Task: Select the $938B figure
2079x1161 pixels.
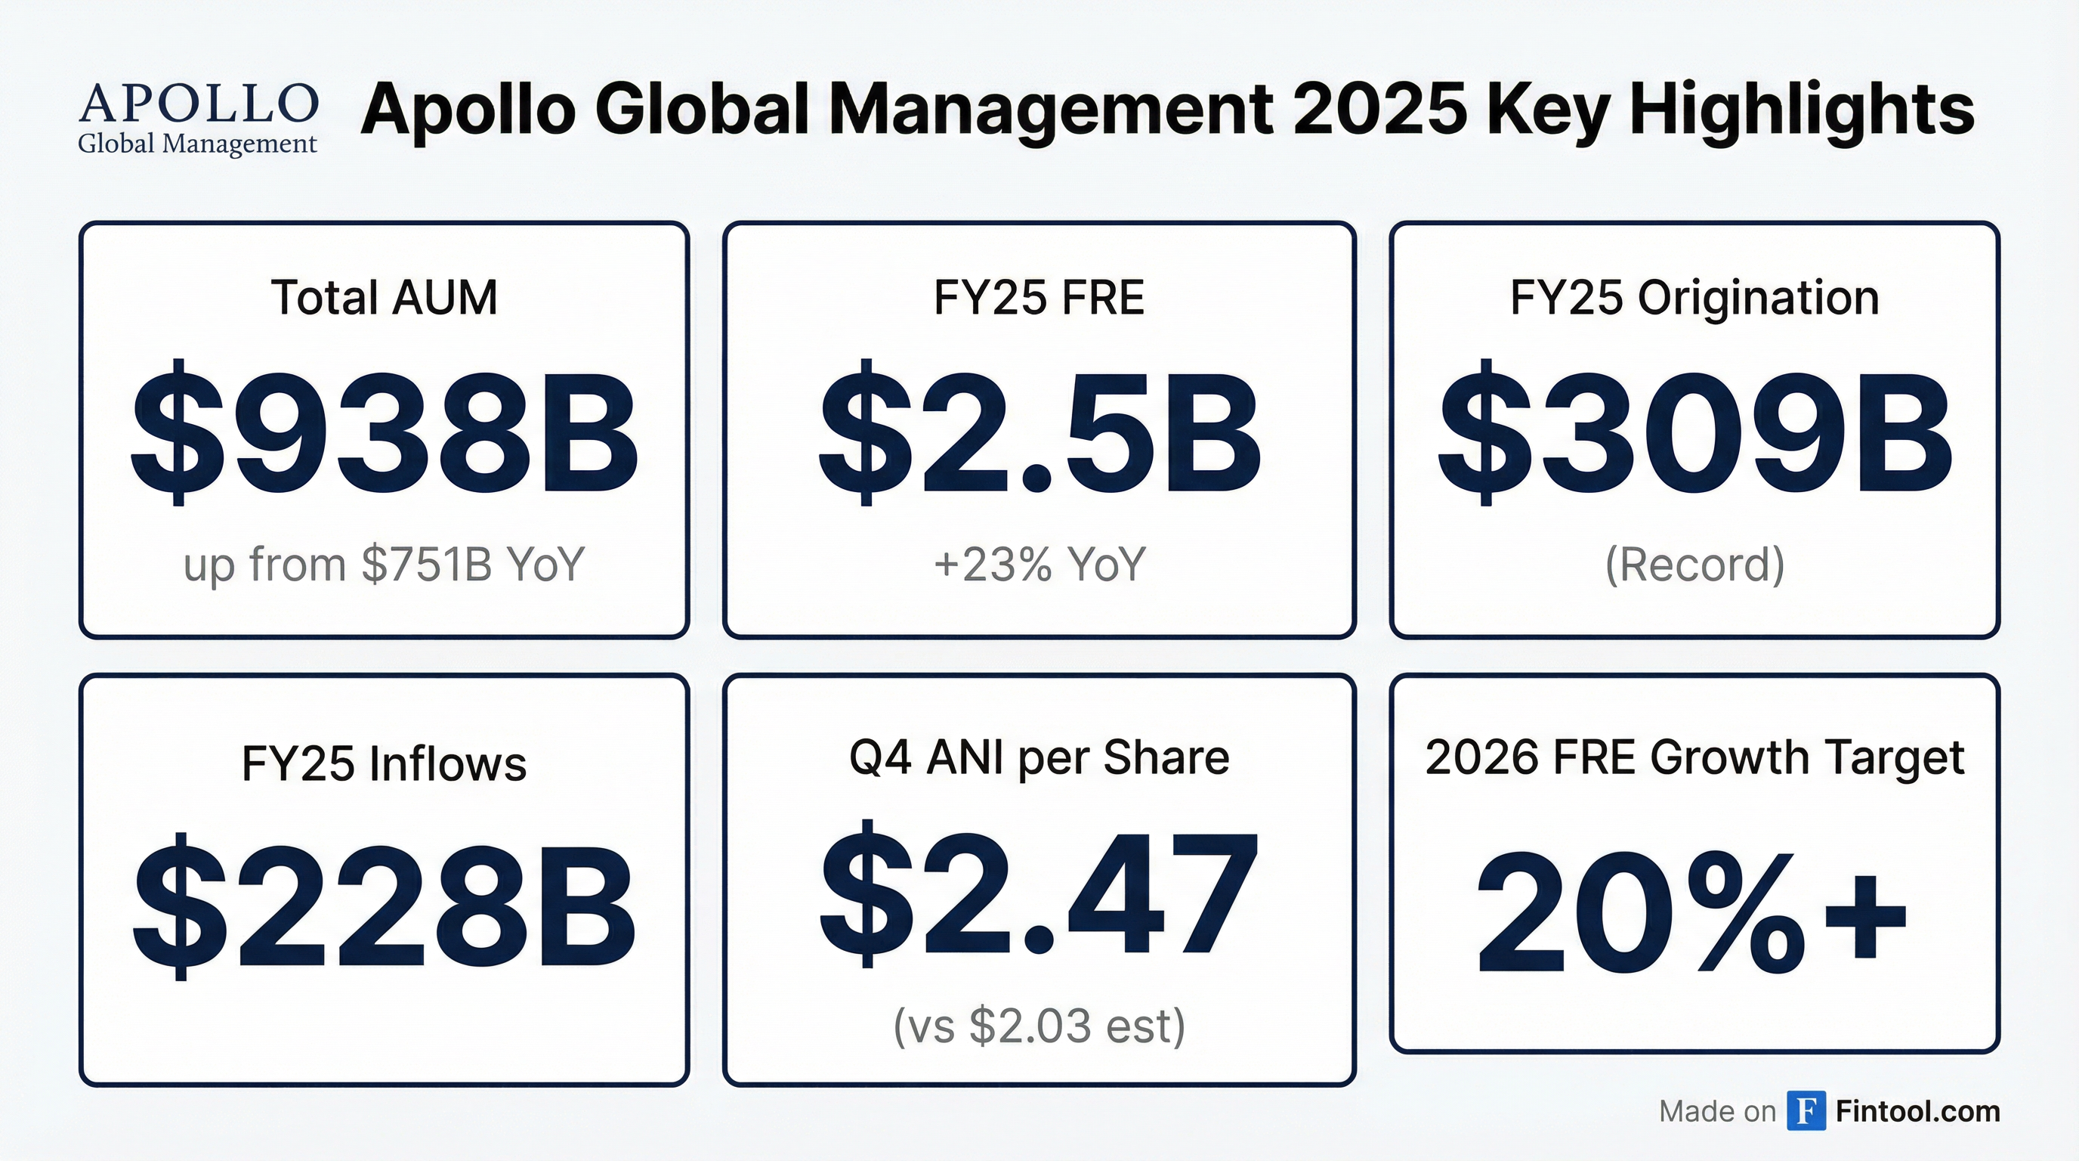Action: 385,434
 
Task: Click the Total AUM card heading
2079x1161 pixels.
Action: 385,297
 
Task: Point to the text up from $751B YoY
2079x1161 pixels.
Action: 385,564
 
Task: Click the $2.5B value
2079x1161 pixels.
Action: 1039,434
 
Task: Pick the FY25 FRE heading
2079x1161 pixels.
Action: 1039,297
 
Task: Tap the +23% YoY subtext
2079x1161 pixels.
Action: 1039,564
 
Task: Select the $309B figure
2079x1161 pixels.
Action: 1694,434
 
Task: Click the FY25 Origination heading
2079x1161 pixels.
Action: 1694,297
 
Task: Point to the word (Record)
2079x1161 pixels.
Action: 1694,564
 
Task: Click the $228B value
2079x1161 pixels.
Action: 385,906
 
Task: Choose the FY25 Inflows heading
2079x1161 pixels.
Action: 385,763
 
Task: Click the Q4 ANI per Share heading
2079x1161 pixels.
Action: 1039,757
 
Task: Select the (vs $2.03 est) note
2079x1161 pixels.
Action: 1039,1026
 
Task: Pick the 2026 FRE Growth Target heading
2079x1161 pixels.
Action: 1694,757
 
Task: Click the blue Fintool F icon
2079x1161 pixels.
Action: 1806,1111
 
